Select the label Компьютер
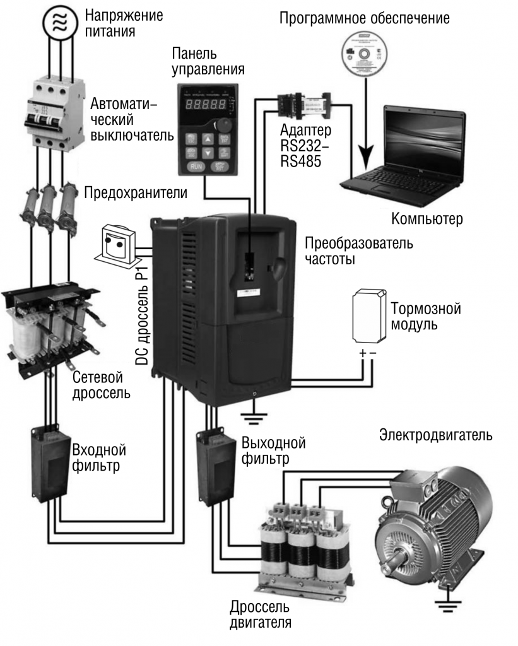pos(427,219)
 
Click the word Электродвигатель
pos(435,435)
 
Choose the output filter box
pos(215,466)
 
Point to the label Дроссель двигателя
pos(259,615)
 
